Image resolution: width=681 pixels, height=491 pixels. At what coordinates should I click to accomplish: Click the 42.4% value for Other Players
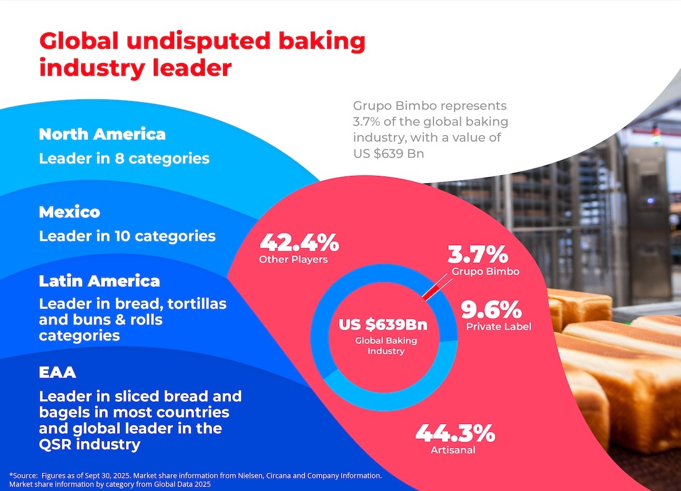tap(299, 242)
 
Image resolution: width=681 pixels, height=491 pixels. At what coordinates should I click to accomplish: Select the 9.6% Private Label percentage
tap(491, 310)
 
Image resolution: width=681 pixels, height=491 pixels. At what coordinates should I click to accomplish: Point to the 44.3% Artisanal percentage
tap(455, 434)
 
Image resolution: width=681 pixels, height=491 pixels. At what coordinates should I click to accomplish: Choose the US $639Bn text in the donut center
tap(383, 325)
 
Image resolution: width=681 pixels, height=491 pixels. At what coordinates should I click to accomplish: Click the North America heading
tap(102, 134)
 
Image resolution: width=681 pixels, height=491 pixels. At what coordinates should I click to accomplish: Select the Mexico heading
tap(69, 212)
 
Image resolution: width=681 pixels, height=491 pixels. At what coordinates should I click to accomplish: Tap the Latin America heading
tap(99, 281)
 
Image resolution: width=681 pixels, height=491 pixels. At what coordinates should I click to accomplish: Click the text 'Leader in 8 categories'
tap(124, 158)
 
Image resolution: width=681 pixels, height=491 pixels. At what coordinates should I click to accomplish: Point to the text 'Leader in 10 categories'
tap(127, 236)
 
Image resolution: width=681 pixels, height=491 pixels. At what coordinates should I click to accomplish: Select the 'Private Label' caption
tap(498, 327)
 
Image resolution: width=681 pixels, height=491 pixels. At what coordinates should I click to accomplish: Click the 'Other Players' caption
tap(293, 259)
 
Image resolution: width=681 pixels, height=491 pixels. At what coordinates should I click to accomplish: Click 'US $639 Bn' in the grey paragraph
tap(388, 154)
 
